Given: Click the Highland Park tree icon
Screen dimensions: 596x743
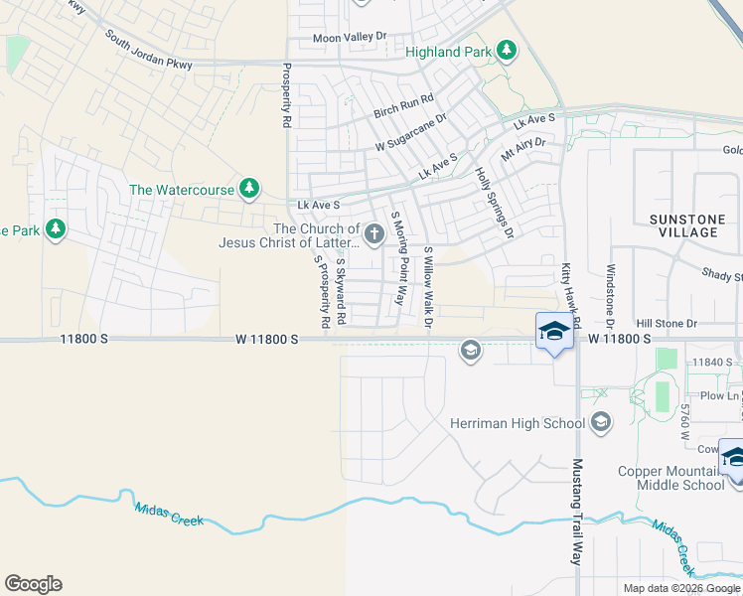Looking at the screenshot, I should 507,50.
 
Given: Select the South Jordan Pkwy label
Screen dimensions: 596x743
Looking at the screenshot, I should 150,50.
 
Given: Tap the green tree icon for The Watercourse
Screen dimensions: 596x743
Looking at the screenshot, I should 248,188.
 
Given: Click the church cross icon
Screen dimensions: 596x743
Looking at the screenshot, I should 373,234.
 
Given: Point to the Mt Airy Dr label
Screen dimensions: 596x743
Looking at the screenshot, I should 523,150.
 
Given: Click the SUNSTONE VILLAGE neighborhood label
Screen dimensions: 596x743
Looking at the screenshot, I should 682,224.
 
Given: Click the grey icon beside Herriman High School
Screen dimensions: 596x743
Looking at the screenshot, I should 600,424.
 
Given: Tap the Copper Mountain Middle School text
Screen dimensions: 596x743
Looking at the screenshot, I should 670,478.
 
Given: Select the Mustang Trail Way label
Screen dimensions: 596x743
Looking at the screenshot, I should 576,511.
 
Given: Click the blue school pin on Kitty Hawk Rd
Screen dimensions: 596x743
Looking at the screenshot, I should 555,331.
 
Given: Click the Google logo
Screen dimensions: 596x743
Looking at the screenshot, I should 33,584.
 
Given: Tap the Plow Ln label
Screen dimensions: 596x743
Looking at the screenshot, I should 714,395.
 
